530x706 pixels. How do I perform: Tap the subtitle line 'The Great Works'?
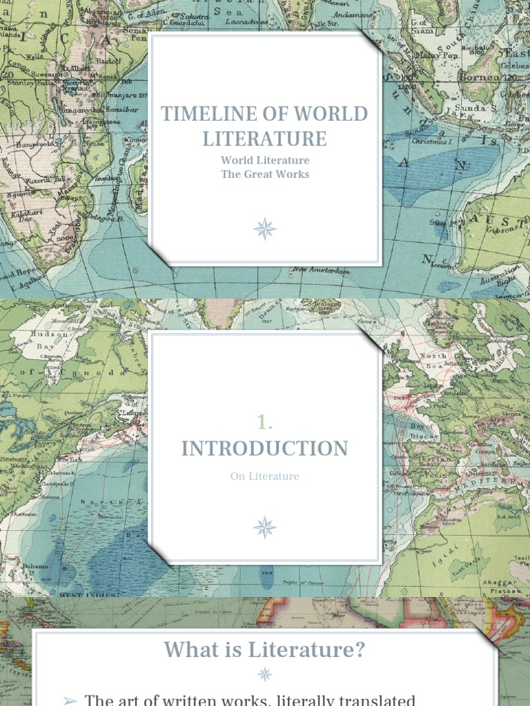[x=265, y=174]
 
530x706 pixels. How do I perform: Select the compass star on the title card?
[x=265, y=229]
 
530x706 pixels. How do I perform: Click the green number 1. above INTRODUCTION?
[x=265, y=422]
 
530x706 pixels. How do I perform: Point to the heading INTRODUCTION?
[x=265, y=448]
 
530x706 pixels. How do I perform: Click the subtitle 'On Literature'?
[x=265, y=476]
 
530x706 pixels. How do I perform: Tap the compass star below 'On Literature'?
[x=265, y=527]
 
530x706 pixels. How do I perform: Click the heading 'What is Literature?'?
[x=265, y=649]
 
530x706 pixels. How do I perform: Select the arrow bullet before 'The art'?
[x=70, y=700]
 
